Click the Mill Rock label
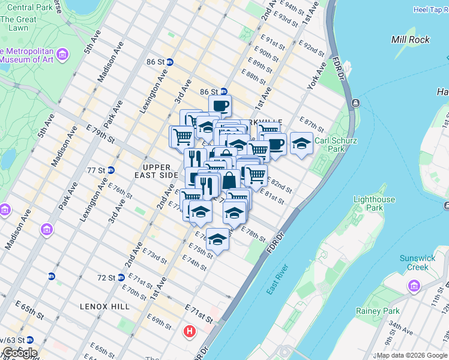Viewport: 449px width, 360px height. [410, 40]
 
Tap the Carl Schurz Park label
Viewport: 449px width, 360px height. [338, 145]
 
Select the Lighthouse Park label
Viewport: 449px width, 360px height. [374, 203]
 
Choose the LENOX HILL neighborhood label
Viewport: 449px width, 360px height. [104, 306]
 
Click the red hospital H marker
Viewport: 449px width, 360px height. [190, 331]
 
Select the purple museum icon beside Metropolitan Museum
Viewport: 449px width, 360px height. [62, 55]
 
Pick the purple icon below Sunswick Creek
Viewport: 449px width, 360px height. [414, 285]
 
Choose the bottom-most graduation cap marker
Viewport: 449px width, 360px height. [217, 239]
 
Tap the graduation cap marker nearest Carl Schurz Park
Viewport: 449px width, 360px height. [301, 143]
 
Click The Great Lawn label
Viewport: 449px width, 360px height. [18, 23]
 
